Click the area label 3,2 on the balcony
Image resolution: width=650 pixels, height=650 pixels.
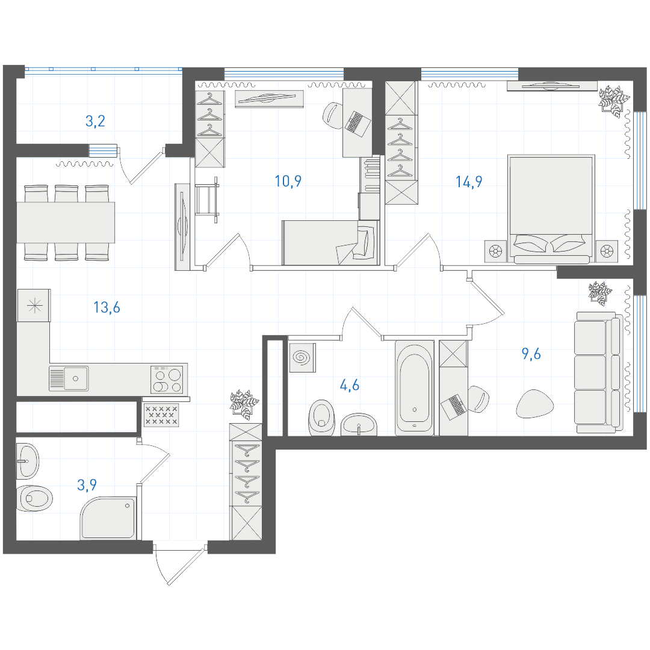95,122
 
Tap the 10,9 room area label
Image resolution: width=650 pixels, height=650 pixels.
288,182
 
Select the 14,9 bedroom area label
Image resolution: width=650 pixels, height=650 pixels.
469,182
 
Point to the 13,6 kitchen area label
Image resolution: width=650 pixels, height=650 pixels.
107,308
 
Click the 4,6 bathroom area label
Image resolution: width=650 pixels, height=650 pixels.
350,386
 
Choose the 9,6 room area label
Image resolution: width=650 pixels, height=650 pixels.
531,354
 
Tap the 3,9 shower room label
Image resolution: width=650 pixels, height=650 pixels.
87,484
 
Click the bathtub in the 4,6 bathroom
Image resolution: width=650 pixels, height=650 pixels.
415,388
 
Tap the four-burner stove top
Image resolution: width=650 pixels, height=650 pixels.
167,379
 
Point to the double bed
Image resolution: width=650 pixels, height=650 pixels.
551,209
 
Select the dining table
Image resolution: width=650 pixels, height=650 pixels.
66,223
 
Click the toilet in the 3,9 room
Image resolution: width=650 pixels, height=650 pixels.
35,498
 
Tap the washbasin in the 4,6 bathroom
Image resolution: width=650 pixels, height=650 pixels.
359,424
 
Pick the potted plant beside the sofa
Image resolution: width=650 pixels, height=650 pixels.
600,294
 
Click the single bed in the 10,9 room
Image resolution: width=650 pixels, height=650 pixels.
330,243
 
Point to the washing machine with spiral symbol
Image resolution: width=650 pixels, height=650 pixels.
302,357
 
